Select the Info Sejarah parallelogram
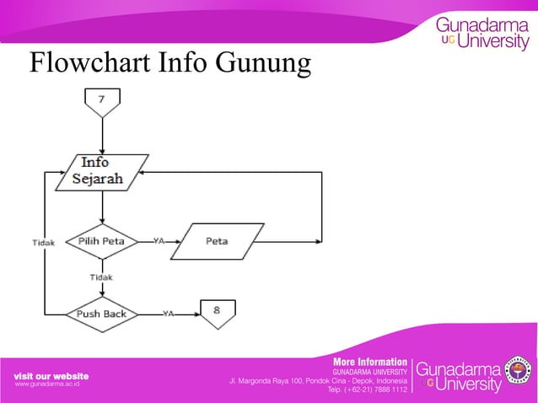(x=101, y=170)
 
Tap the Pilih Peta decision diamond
(x=102, y=241)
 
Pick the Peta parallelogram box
(x=217, y=241)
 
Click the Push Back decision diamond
(x=102, y=314)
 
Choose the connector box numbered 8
(x=217, y=311)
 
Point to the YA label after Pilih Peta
(x=159, y=240)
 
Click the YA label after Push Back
(x=169, y=314)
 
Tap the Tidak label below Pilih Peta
(x=101, y=277)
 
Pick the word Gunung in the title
(x=264, y=63)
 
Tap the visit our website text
(x=51, y=374)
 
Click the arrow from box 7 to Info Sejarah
(x=101, y=134)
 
